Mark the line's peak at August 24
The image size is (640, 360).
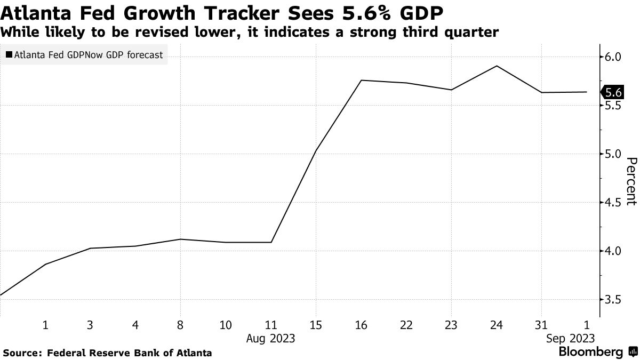click(497, 66)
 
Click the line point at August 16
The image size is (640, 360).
click(362, 80)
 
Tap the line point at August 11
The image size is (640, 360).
click(271, 242)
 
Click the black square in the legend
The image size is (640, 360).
click(10, 54)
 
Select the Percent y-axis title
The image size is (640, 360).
click(631, 181)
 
